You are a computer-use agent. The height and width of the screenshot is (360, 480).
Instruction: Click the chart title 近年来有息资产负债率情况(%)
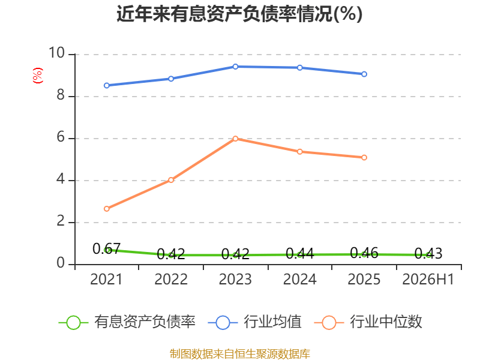(239, 14)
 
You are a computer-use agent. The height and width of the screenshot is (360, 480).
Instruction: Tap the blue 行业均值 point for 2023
(235, 67)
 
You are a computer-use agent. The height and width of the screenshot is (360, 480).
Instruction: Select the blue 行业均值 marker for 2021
(107, 85)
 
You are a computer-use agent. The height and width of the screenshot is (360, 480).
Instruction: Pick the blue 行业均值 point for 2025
(364, 74)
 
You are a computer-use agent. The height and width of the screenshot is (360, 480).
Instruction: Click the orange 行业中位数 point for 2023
(235, 139)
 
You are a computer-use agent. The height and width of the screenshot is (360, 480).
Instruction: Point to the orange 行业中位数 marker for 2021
(107, 209)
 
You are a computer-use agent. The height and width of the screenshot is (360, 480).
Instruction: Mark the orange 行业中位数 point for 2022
(171, 180)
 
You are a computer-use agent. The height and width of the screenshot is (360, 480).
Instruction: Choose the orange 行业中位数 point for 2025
(364, 158)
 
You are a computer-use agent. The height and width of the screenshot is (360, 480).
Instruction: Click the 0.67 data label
(107, 248)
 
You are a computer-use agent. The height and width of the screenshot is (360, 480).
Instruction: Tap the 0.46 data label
(364, 253)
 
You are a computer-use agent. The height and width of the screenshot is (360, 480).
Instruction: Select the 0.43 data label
(428, 253)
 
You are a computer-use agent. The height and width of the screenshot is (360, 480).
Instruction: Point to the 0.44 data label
(299, 253)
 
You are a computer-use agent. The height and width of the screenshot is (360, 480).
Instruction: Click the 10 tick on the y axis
(56, 53)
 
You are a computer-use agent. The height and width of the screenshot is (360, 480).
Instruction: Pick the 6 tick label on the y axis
(61, 137)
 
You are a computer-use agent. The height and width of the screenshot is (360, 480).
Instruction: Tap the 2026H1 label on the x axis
(428, 279)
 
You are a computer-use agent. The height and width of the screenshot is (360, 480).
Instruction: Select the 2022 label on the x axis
(171, 279)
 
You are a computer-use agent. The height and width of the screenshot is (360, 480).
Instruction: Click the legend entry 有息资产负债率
(127, 322)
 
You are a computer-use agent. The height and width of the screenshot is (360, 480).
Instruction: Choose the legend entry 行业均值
(254, 322)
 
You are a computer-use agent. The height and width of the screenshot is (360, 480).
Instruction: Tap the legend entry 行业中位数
(368, 322)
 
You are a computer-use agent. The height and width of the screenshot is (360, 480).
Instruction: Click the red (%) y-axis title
(38, 76)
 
